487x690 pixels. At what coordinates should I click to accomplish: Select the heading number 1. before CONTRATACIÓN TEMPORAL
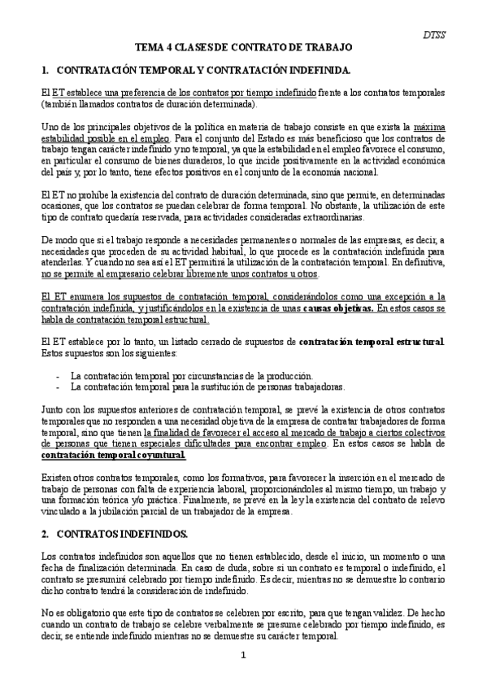(45, 71)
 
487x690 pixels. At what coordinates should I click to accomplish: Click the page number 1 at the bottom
(242, 654)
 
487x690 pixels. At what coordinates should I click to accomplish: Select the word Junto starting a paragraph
(54, 410)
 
